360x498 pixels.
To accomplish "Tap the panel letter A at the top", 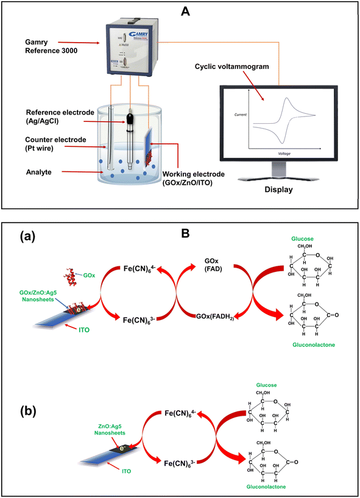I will (180, 10).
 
